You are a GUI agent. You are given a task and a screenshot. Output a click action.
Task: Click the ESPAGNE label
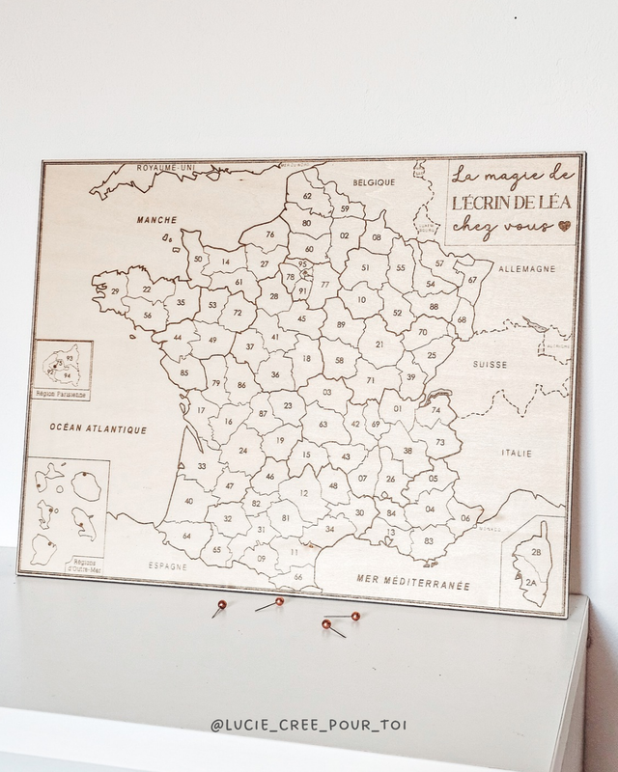click(167, 566)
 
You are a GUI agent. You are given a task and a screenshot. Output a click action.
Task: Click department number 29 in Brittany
click(114, 291)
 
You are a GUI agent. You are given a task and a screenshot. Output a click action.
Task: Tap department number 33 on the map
click(201, 466)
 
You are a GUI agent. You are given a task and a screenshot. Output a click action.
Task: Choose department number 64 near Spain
click(185, 536)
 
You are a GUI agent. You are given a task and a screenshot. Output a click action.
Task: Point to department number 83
click(428, 542)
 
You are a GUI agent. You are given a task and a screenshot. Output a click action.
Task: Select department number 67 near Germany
click(472, 280)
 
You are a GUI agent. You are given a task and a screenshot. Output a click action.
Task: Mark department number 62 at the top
click(307, 196)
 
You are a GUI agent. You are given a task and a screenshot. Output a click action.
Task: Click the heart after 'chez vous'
click(564, 227)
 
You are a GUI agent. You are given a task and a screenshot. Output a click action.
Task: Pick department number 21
click(379, 345)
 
